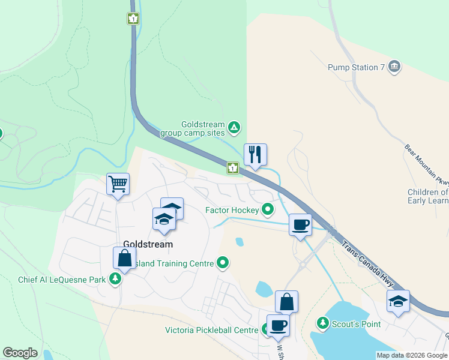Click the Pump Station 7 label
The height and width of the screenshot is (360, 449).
coord(356,67)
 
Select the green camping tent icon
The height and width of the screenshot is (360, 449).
coord(235,127)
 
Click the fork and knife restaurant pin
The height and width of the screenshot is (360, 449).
coord(255,155)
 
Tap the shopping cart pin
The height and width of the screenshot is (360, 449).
coord(118,184)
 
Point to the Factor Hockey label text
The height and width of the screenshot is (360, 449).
coord(232,210)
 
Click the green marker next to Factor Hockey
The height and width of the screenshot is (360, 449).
coord(267,209)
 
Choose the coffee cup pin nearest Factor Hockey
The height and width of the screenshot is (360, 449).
coord(300,225)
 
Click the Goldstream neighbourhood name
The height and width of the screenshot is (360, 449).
coord(148,244)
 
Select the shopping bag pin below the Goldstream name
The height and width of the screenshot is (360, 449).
coord(124,259)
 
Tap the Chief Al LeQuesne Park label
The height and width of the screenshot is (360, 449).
coord(62,279)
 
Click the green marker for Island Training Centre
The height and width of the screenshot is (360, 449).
coord(223,262)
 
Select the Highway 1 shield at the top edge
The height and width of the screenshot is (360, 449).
coord(132,19)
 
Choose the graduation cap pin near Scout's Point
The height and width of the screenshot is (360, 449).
coord(398,301)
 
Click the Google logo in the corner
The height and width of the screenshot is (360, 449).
coord(20,353)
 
